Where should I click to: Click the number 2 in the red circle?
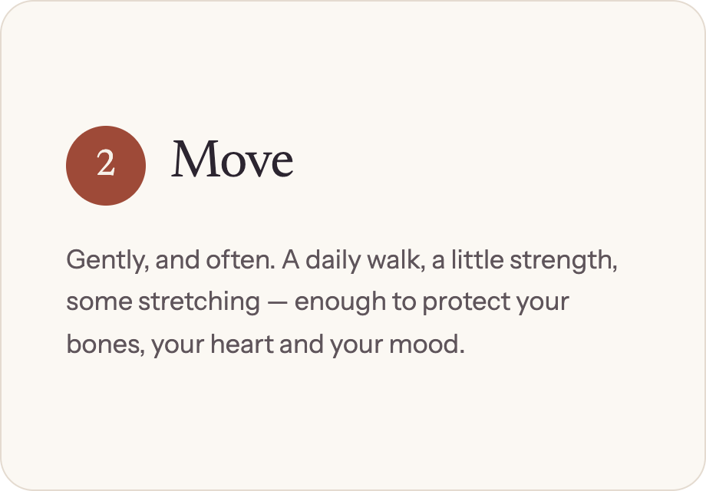coord(106,163)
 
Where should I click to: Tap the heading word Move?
coord(233,159)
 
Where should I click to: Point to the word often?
coord(240,259)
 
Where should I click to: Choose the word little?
coord(477,259)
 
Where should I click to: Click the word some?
coord(99,302)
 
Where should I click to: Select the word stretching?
coord(199,302)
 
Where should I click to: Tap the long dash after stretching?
coord(277,302)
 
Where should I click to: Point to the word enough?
coord(340,302)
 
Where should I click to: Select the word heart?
coord(242,344)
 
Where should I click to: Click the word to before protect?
coord(404,302)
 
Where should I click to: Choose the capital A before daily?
coord(291,259)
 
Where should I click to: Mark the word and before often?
coord(177,259)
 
